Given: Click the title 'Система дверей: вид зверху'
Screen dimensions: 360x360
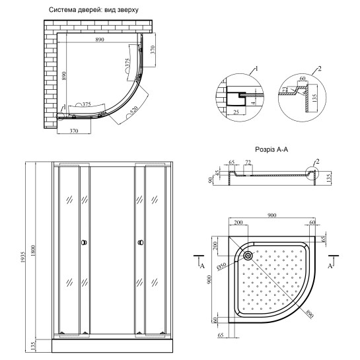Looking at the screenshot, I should tap(98, 11).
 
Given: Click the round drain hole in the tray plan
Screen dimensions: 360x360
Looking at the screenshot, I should tap(248, 256).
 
